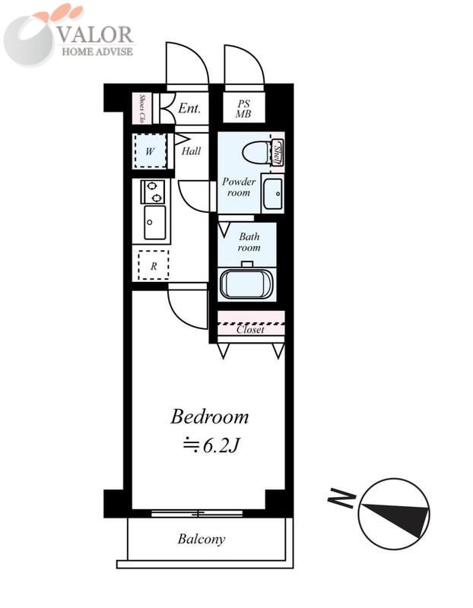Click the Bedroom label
click(x=210, y=416)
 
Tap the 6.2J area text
click(x=211, y=445)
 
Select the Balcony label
click(x=202, y=539)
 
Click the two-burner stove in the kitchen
click(x=153, y=192)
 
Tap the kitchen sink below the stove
click(x=154, y=223)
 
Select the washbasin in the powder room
click(x=273, y=194)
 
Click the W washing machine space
click(x=150, y=150)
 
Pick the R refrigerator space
click(x=154, y=265)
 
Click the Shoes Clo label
click(x=142, y=108)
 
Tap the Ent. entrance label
click(x=189, y=108)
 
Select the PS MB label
click(x=243, y=109)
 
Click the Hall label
click(x=192, y=150)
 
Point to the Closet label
click(x=250, y=330)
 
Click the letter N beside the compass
click(x=341, y=499)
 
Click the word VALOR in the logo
click(x=96, y=35)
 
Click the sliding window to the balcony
click(x=197, y=514)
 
